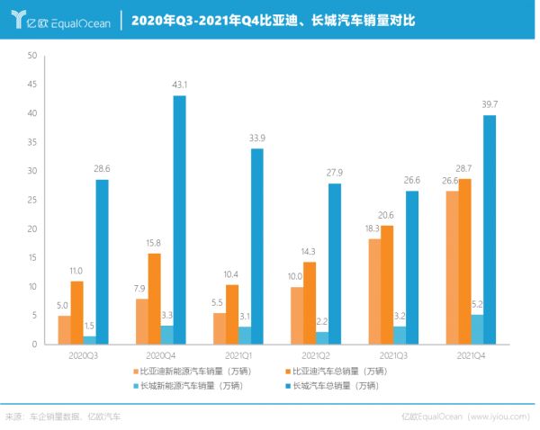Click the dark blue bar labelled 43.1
click(180, 219)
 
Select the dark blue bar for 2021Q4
click(490, 229)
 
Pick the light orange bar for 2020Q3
click(64, 329)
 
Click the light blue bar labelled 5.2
click(477, 328)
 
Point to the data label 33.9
click(257, 138)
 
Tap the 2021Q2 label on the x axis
click(315, 356)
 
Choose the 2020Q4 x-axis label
click(161, 356)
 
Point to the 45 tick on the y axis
click(33, 85)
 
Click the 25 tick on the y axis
click(33, 200)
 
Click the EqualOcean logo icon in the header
click(17, 20)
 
